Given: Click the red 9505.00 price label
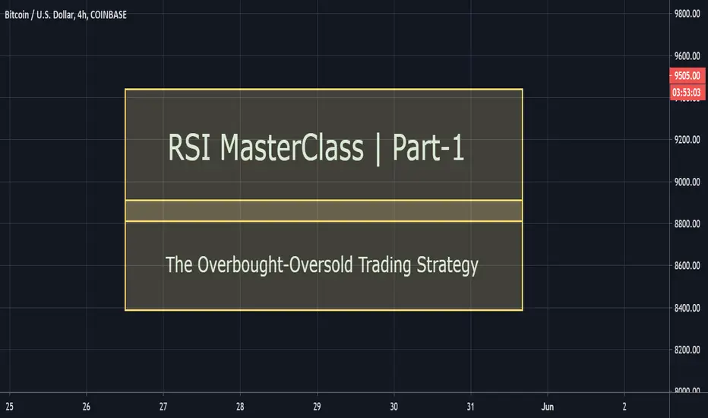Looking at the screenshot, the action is [x=687, y=75].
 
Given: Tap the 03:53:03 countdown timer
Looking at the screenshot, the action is [x=687, y=93].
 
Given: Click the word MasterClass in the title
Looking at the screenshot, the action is [x=292, y=147].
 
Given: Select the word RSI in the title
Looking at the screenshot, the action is [x=189, y=147].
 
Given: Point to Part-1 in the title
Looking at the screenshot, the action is [x=428, y=147].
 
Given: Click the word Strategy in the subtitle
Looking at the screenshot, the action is [x=447, y=265].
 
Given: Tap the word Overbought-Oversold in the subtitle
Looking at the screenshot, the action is [x=275, y=264].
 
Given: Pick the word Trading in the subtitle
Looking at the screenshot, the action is [x=384, y=265].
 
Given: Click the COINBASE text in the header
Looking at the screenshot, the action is [x=109, y=15].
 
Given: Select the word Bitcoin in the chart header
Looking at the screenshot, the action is [x=17, y=15].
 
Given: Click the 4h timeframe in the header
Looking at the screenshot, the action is [x=82, y=15].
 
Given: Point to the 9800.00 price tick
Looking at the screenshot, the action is [x=687, y=14].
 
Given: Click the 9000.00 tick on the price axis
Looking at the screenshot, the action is [x=687, y=182].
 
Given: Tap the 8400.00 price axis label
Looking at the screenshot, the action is [x=687, y=308].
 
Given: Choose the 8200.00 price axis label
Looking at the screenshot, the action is [x=687, y=350].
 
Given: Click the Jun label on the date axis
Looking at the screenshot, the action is [x=547, y=407].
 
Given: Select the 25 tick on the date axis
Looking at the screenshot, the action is [x=9, y=407].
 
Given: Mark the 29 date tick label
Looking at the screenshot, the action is [x=317, y=407].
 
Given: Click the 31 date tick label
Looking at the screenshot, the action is [x=470, y=407].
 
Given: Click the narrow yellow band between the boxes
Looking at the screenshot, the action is [x=324, y=211].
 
